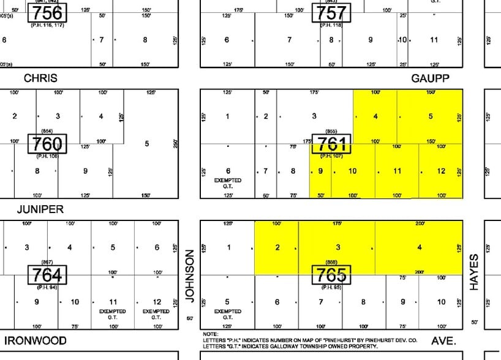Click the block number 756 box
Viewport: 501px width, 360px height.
point(47,12)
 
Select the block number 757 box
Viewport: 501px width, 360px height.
point(331,12)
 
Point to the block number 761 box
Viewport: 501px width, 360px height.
point(331,144)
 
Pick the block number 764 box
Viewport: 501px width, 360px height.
point(47,275)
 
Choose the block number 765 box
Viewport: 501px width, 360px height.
point(331,275)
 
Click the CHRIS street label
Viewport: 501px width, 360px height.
point(40,78)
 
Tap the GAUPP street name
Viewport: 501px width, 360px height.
point(431,78)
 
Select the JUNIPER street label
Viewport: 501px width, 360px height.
point(40,209)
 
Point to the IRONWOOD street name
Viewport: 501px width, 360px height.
point(36,340)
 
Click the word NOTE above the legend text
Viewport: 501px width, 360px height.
point(210,334)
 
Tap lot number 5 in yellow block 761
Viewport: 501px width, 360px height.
point(431,116)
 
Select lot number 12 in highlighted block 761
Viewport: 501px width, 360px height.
point(442,171)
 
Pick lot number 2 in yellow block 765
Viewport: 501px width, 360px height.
point(277,247)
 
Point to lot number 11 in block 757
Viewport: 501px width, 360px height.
point(434,40)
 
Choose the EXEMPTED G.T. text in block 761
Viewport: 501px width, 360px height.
point(227,184)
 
